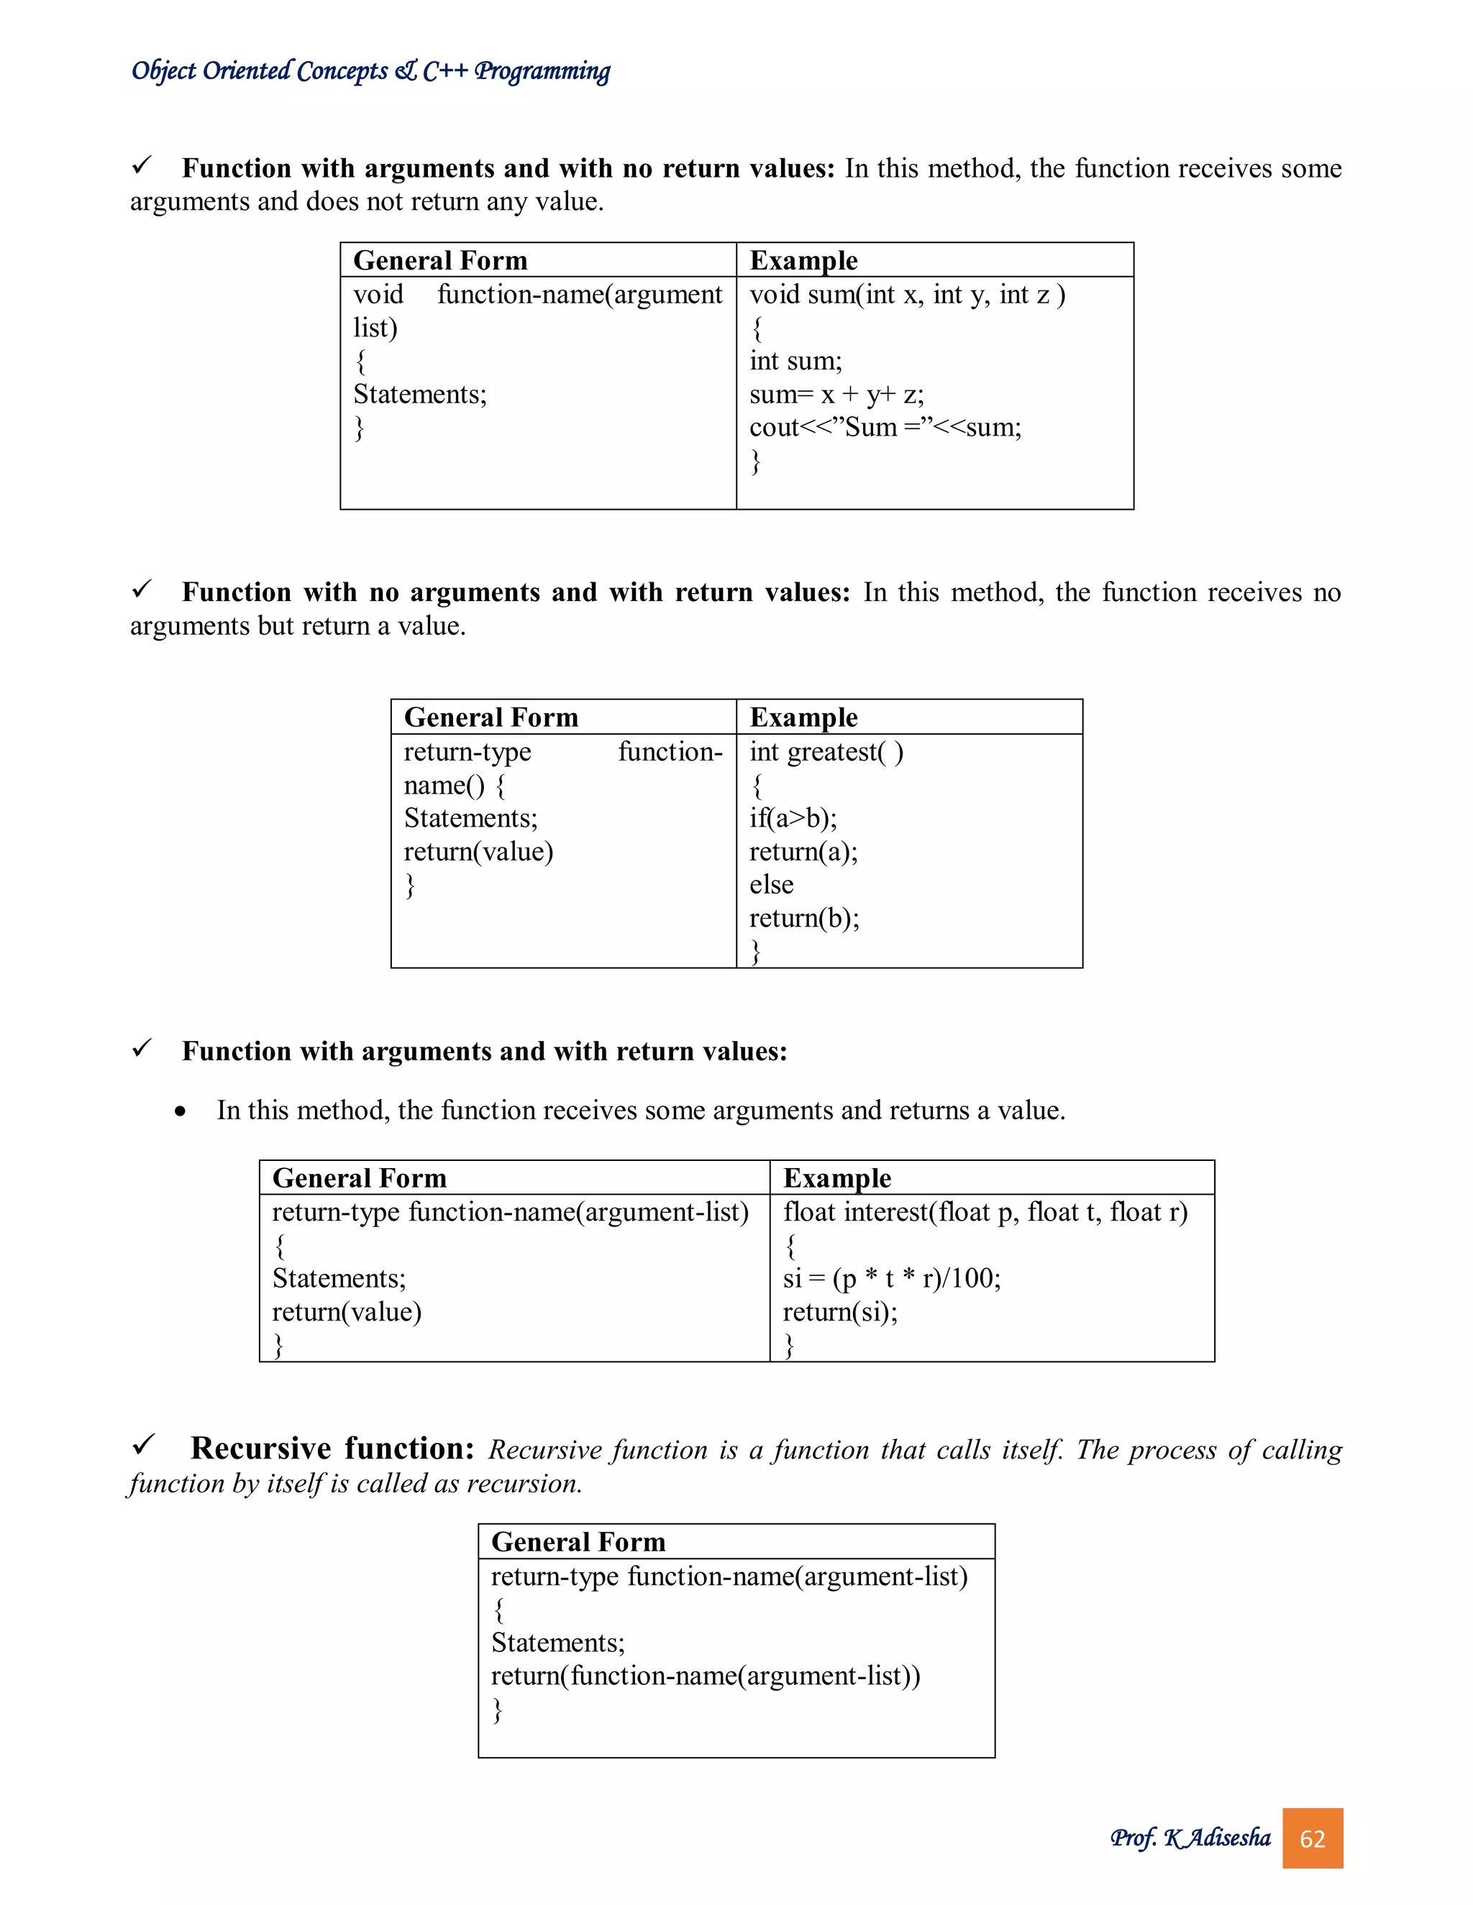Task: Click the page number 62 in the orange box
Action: pyautogui.click(x=1312, y=1839)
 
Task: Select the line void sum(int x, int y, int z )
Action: pyautogui.click(x=907, y=295)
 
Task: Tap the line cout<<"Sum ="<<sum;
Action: pyautogui.click(x=885, y=428)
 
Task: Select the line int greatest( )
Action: pyautogui.click(x=826, y=752)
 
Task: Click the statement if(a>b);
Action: pyautogui.click(x=793, y=818)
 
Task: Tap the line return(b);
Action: pyautogui.click(x=803, y=917)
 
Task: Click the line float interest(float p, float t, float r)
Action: pyautogui.click(x=985, y=1213)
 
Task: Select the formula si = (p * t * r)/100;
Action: pyautogui.click(x=891, y=1279)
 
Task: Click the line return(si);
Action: pyautogui.click(x=839, y=1312)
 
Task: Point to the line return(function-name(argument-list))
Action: pyautogui.click(x=705, y=1676)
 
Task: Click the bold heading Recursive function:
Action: pyautogui.click(x=332, y=1449)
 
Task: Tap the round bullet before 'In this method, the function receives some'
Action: pyautogui.click(x=180, y=1111)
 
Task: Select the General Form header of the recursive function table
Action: pyautogui.click(x=578, y=1542)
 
